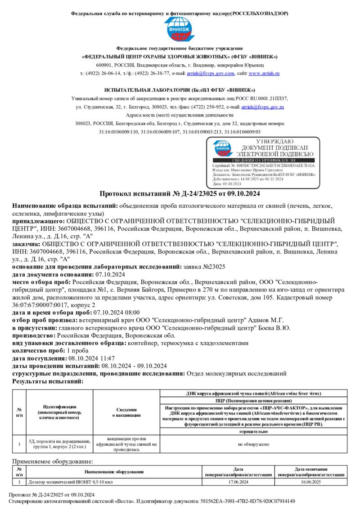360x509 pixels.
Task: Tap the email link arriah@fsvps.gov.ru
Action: (262, 107)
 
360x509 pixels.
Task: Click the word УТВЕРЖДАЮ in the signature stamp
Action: (277, 142)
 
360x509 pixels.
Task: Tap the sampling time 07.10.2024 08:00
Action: (116, 313)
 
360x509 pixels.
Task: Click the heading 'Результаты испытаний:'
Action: (48, 381)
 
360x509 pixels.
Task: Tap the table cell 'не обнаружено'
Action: (253, 444)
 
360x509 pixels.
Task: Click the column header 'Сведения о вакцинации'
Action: (126, 412)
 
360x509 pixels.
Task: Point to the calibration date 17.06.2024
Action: (238, 482)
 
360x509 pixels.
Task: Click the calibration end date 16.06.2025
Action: (311, 482)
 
